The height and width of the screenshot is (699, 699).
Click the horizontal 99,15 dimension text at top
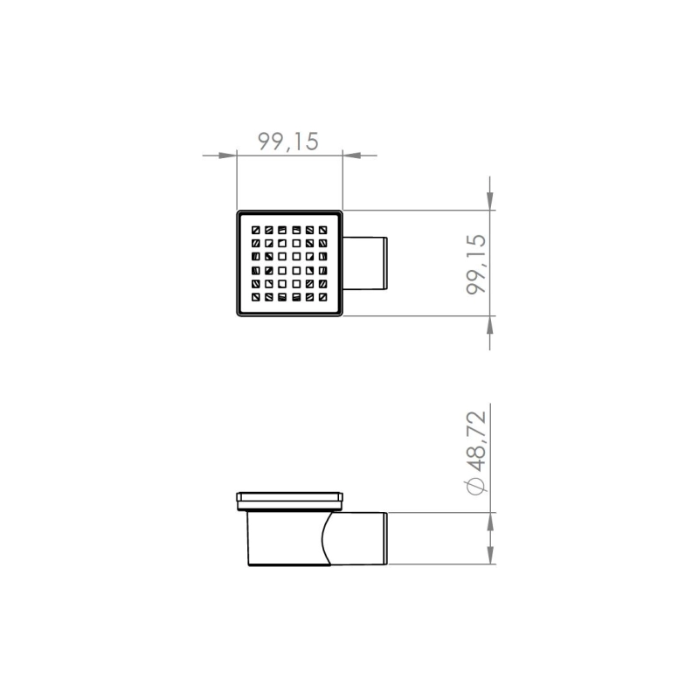[x=289, y=141]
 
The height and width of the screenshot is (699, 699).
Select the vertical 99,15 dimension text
[x=477, y=263]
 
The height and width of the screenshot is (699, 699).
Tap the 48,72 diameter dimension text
[x=477, y=442]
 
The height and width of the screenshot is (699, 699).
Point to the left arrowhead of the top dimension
[x=229, y=156]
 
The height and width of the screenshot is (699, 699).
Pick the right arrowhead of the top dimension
[x=350, y=156]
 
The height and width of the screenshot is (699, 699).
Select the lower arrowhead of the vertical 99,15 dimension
[x=490, y=324]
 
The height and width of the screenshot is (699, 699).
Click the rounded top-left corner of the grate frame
[x=239, y=212]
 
